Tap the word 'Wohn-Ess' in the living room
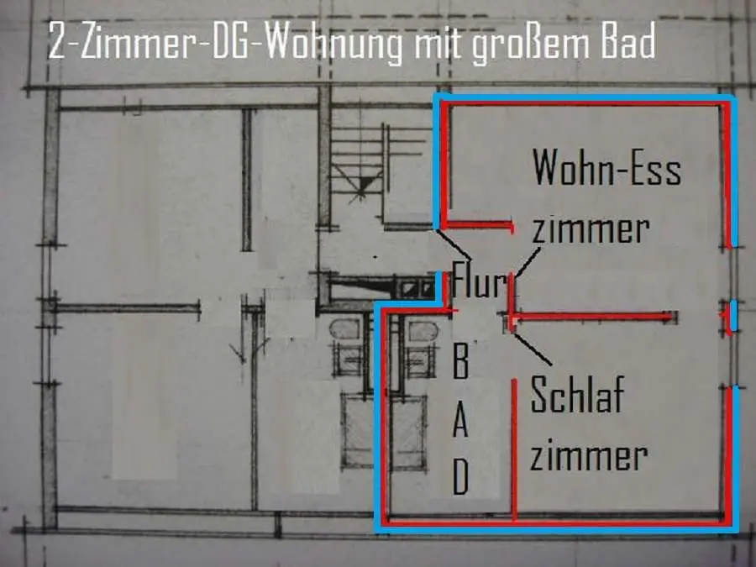[x=606, y=169]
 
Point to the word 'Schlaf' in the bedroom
[x=578, y=395]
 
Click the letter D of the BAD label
[x=461, y=479]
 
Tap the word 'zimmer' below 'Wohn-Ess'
[x=591, y=229]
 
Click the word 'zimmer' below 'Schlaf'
[x=589, y=456]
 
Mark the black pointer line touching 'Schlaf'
[x=533, y=350]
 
